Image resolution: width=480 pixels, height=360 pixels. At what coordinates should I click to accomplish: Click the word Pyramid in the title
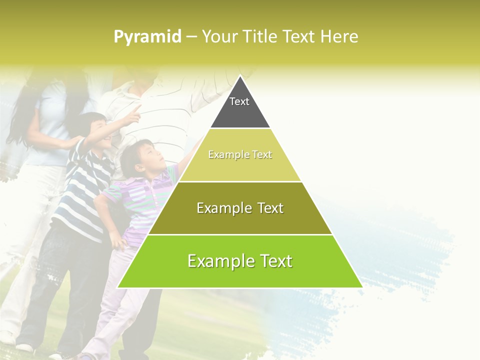click(147, 37)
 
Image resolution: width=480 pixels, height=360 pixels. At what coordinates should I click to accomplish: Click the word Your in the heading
click(220, 36)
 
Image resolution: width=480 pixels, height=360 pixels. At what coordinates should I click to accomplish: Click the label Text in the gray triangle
click(239, 101)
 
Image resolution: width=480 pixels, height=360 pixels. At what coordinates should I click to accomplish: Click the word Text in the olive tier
click(266, 208)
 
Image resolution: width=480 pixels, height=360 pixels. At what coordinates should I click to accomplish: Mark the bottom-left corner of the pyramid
click(118, 287)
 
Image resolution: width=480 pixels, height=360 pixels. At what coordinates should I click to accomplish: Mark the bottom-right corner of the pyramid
click(362, 287)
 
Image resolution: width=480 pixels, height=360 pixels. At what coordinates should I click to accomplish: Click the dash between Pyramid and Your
click(191, 37)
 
